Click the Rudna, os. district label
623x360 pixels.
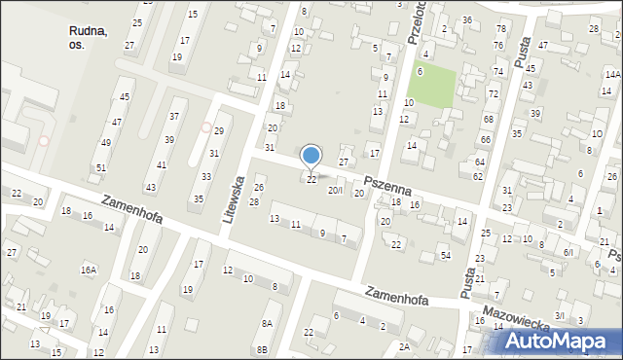89,38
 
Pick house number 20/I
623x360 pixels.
335,191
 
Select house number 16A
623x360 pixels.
89,270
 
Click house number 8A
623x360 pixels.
265,322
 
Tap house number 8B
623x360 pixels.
261,349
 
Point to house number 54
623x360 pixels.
445,255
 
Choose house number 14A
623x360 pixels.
612,75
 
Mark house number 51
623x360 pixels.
101,168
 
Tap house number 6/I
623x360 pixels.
569,251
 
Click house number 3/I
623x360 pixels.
560,315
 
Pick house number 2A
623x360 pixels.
404,346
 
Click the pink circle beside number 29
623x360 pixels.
205,126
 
